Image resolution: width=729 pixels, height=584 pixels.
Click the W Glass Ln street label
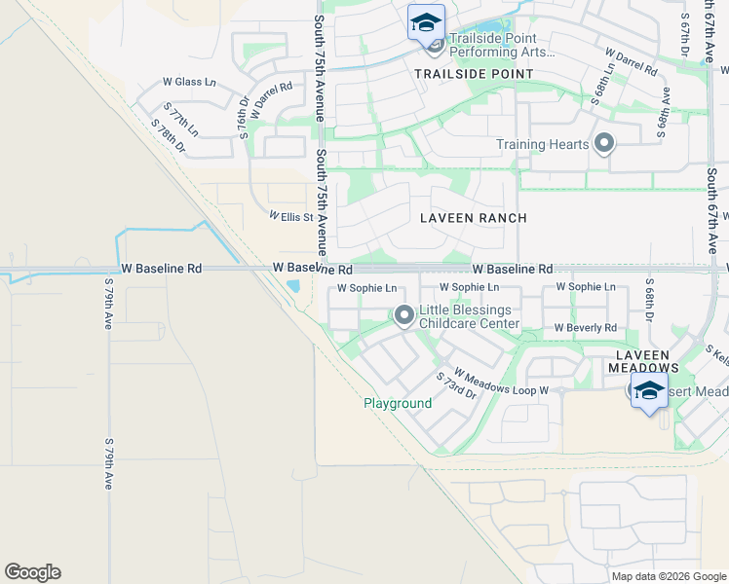coord(189,82)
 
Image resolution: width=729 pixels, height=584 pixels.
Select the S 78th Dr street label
coord(168,135)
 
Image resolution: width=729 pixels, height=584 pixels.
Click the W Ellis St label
coord(290,216)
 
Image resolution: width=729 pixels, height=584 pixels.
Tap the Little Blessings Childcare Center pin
coord(403,315)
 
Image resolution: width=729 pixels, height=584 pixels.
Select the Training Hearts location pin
coord(604,145)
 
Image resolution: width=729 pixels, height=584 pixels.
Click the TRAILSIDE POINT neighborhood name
coord(474,74)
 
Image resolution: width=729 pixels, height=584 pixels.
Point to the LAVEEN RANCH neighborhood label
coord(473,218)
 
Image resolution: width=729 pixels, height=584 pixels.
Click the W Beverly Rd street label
coord(586,328)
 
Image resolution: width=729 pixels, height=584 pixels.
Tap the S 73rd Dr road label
coord(455,384)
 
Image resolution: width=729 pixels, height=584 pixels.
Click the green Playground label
coord(398,403)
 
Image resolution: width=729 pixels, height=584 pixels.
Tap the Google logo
coord(32,572)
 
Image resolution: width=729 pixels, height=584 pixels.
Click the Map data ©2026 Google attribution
coord(668,576)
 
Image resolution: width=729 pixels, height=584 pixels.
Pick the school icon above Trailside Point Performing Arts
coord(426,22)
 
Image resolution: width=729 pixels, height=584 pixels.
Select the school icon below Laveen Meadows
coord(649,392)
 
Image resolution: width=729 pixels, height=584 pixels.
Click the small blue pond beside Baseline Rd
coord(293,286)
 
